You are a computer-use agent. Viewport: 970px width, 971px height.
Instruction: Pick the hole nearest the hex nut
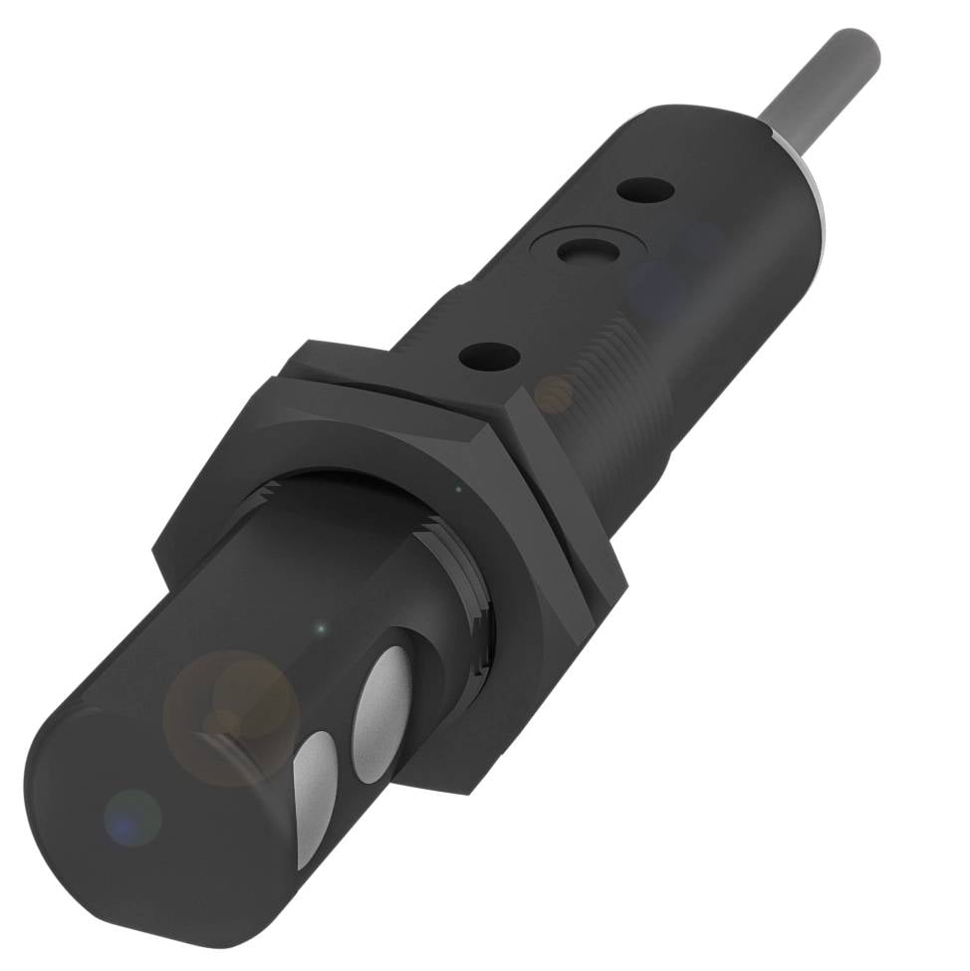tap(490, 356)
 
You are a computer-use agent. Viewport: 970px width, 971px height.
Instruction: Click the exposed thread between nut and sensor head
tap(468, 588)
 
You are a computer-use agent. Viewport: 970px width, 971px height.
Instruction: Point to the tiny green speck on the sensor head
tap(320, 629)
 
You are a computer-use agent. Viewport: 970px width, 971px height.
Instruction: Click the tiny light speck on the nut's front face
tap(457, 489)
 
